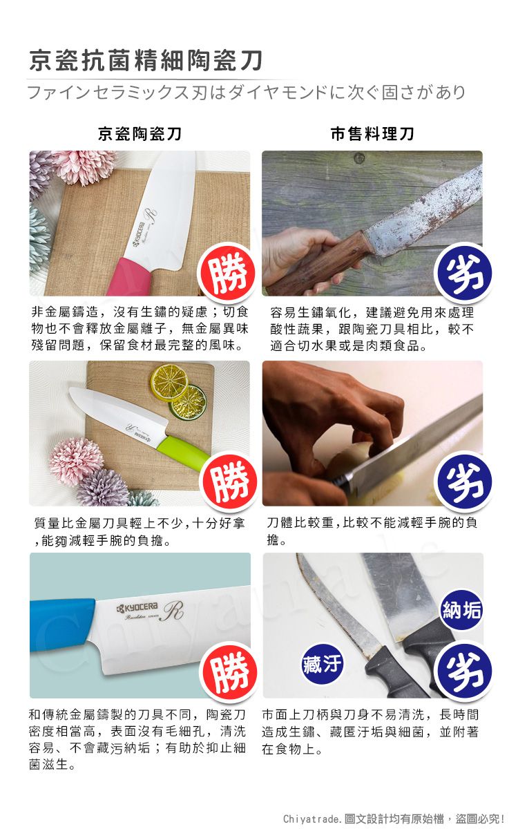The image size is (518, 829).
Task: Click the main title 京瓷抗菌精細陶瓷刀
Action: coord(146,60)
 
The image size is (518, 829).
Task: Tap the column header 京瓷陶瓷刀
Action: coord(140,133)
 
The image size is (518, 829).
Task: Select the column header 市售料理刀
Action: coord(372,133)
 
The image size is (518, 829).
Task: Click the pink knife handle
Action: coord(131,276)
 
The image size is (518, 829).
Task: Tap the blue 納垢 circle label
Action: coord(462,609)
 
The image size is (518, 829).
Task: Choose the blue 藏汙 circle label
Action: coord(322,664)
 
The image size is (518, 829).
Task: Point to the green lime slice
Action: coord(188,402)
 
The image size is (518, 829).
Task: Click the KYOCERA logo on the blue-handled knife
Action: coord(137,607)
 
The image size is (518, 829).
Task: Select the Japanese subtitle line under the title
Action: coord(247,92)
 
